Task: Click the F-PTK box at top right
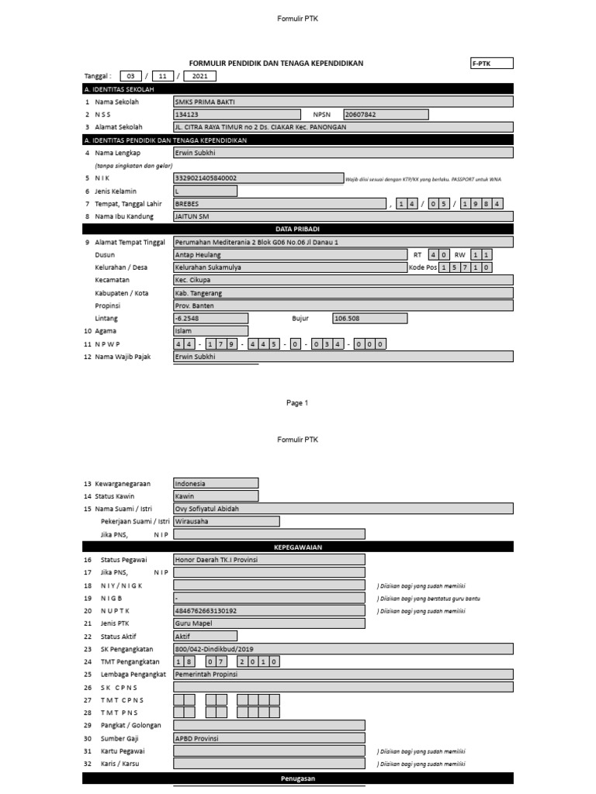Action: [x=491, y=64]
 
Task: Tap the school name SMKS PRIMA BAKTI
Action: [x=342, y=102]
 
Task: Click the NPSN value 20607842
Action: [x=385, y=114]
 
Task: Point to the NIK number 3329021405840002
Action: [x=258, y=178]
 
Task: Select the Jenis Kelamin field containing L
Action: [x=205, y=191]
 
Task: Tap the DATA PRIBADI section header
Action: [x=297, y=229]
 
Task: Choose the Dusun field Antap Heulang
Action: [x=289, y=254]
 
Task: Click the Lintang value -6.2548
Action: [x=210, y=318]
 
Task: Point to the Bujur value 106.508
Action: [x=369, y=318]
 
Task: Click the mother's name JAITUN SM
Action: [x=342, y=216]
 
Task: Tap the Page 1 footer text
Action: [x=297, y=402]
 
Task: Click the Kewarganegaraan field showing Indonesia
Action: [x=216, y=483]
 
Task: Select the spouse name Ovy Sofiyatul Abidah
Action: [x=342, y=509]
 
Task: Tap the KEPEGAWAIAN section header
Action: [x=297, y=547]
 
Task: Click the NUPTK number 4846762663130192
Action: [x=269, y=611]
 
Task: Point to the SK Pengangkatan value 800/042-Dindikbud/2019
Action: [x=342, y=649]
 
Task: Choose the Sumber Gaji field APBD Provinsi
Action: [x=269, y=738]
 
